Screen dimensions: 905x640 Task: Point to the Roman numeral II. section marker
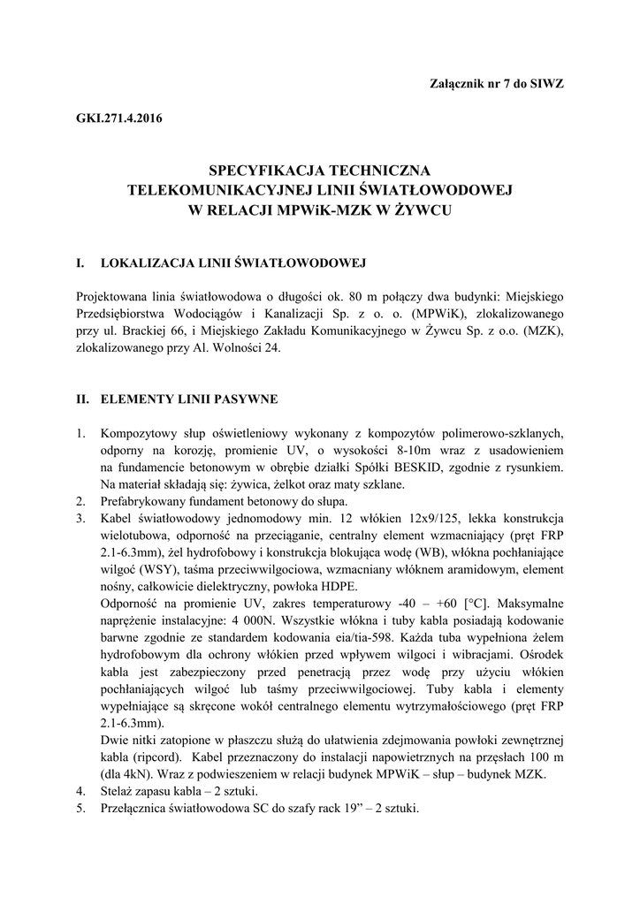point(85,399)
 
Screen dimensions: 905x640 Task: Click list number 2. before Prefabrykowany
point(81,501)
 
